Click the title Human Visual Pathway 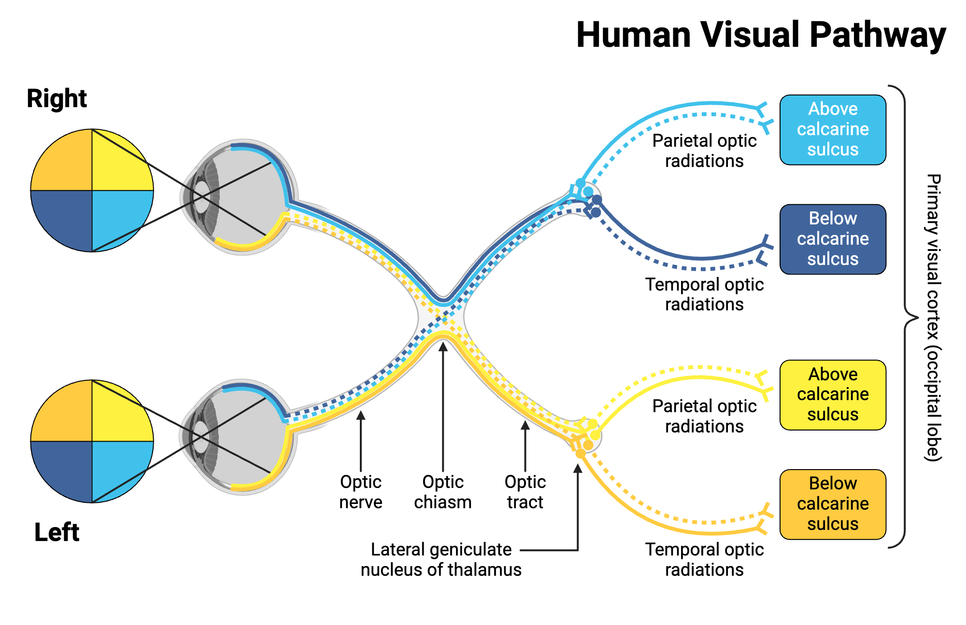click(761, 35)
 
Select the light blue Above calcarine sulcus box click(833, 129)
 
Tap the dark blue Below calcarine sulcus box click(833, 239)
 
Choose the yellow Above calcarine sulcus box click(833, 394)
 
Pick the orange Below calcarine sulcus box click(833, 504)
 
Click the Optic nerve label click(360, 492)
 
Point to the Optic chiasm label click(442, 492)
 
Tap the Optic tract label click(525, 492)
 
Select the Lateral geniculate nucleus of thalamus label click(441, 559)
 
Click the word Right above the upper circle click(57, 98)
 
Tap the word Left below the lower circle click(57, 532)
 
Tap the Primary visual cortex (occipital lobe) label click(933, 317)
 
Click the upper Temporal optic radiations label click(704, 294)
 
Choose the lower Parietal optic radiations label click(704, 416)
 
